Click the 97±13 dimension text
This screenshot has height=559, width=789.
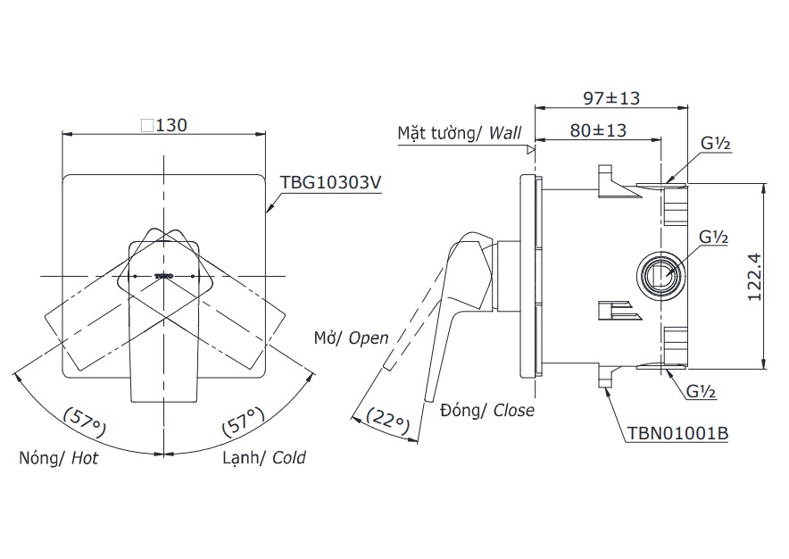pos(611,97)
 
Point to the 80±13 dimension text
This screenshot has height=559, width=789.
pos(597,130)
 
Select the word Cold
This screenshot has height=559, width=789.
pos(288,458)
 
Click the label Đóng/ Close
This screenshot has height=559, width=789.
pos(486,410)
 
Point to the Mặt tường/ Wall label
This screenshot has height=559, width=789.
pos(459,133)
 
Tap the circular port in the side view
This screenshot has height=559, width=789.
pos(661,273)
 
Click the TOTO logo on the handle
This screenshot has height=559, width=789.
pos(164,276)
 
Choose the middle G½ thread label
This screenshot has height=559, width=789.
pos(713,238)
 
